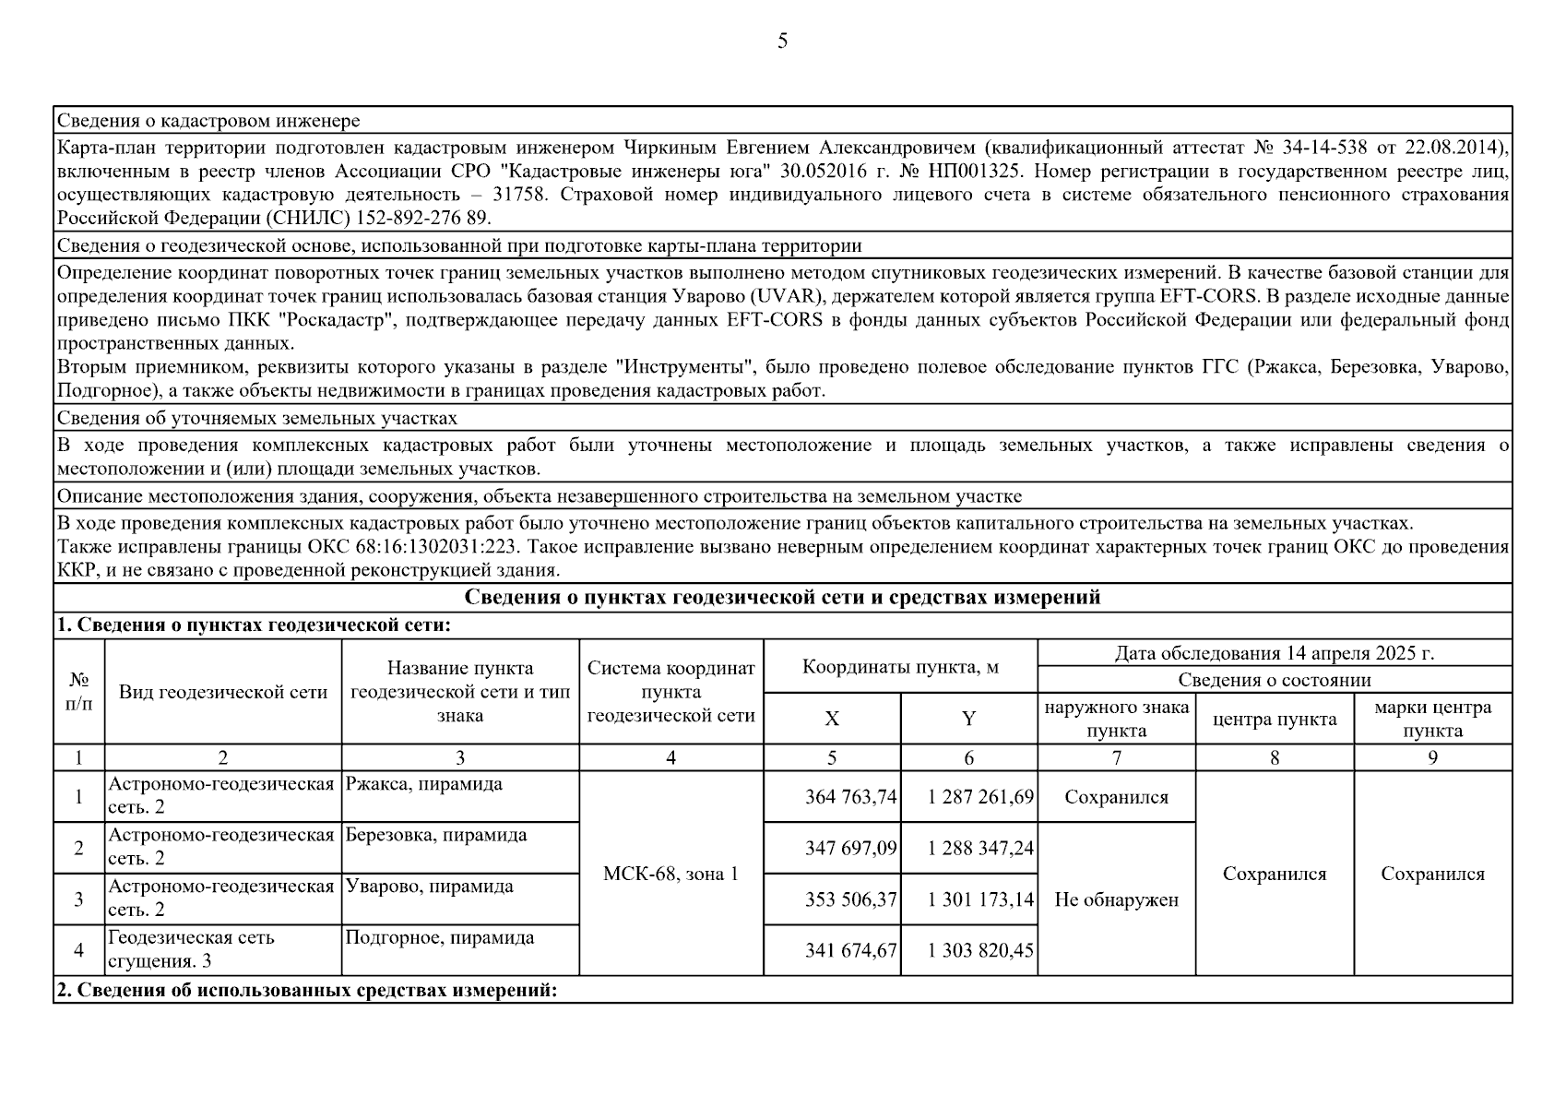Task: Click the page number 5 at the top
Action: pyautogui.click(x=782, y=42)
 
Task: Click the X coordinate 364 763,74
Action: pyautogui.click(x=850, y=797)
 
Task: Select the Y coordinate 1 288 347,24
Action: pyautogui.click(x=980, y=848)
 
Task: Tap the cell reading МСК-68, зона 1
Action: pyautogui.click(x=670, y=873)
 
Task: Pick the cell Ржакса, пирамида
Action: pyautogui.click(x=424, y=784)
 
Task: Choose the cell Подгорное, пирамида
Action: pyautogui.click(x=439, y=937)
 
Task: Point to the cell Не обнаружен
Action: pyautogui.click(x=1116, y=899)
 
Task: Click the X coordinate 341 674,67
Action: pyautogui.click(x=850, y=950)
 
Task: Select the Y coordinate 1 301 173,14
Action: pyautogui.click(x=980, y=899)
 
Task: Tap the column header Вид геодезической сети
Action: pyautogui.click(x=223, y=692)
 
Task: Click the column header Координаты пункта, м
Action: pyautogui.click(x=900, y=666)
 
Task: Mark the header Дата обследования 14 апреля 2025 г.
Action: pyautogui.click(x=1274, y=653)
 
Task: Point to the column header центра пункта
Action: pyautogui.click(x=1274, y=719)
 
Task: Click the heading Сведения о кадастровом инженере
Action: pyautogui.click(x=208, y=121)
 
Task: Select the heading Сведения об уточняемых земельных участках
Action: pyautogui.click(x=256, y=418)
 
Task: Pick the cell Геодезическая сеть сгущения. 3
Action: pyautogui.click(x=192, y=949)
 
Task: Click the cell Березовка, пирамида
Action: pyautogui.click(x=436, y=835)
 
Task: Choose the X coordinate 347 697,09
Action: pyautogui.click(x=850, y=848)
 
